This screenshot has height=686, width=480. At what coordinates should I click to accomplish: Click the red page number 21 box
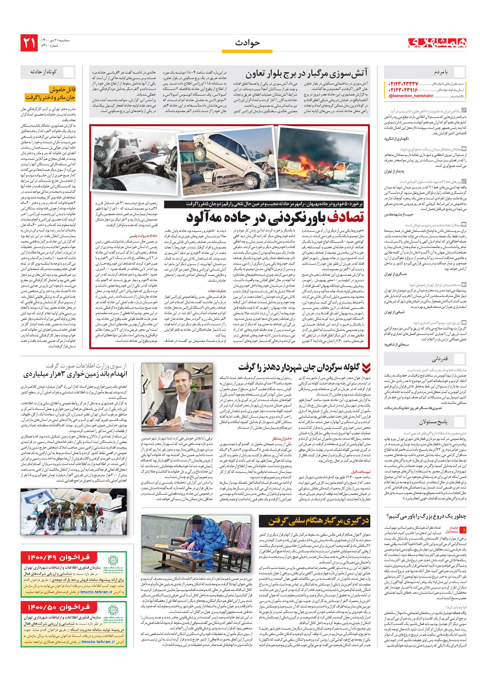[x=29, y=43]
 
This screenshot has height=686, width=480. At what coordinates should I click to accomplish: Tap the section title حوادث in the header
[x=247, y=43]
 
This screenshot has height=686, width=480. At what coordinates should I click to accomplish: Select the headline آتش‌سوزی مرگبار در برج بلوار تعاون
[x=306, y=73]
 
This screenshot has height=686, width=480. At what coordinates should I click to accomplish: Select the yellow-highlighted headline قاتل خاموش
[x=62, y=89]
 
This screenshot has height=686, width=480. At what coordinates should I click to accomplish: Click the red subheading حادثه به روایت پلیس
[x=143, y=236]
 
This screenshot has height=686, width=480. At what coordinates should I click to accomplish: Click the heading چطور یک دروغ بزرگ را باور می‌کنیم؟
[x=426, y=516]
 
